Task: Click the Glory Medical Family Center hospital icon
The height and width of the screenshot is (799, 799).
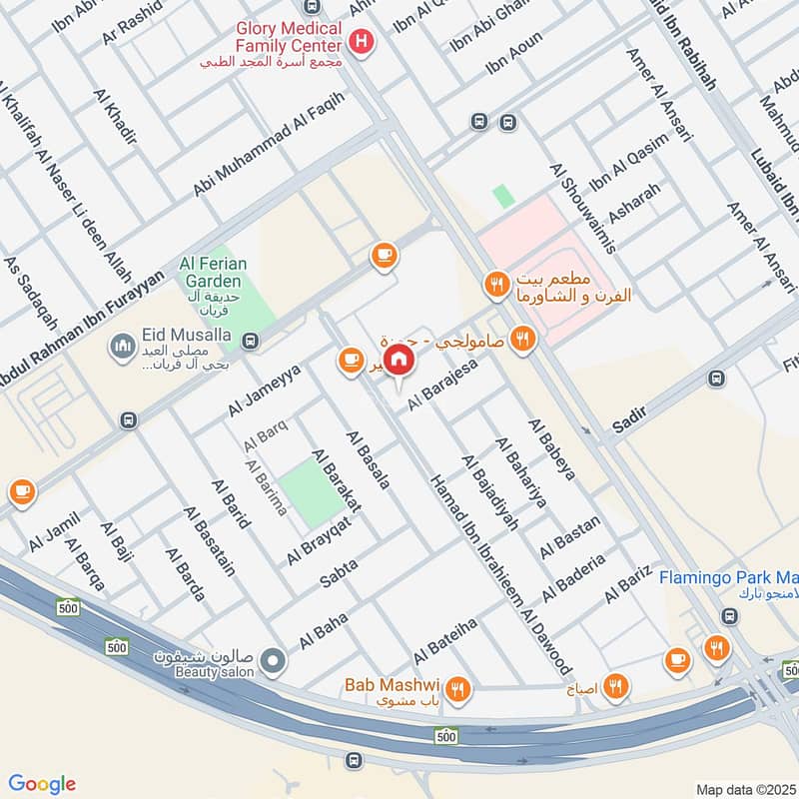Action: coord(362,42)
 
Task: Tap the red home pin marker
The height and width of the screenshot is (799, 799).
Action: coord(399,360)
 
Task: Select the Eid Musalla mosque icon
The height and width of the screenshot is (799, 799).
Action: coord(123,346)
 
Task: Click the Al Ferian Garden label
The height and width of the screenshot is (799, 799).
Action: coord(213,272)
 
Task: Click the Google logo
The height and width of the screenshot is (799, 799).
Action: coord(42,784)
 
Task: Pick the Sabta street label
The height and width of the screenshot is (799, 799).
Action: coord(339,573)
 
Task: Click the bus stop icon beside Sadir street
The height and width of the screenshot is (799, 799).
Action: coord(715,379)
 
